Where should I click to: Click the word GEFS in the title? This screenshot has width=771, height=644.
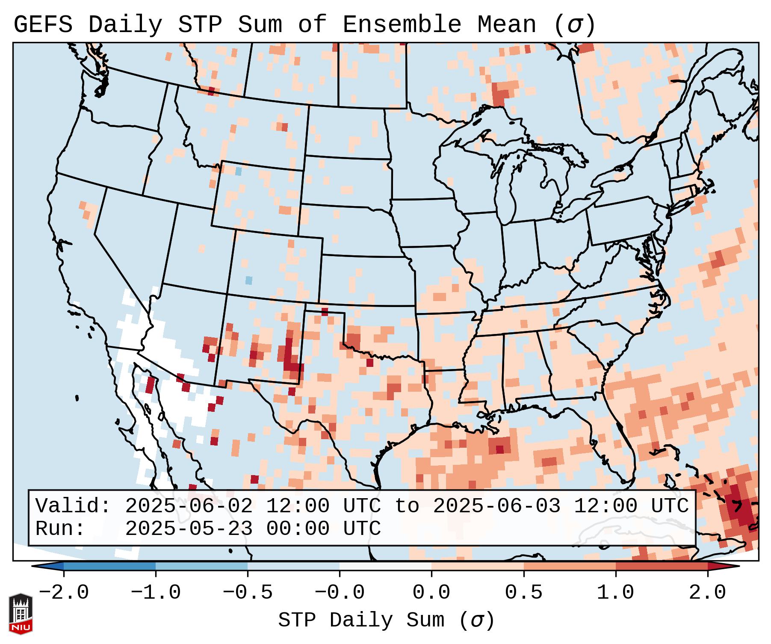click(x=43, y=25)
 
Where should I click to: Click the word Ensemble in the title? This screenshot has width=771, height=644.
click(x=402, y=25)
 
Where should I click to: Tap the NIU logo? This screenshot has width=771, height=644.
click(x=21, y=614)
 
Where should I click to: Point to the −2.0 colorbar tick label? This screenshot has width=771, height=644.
click(x=64, y=593)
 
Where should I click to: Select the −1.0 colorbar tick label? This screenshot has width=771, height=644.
click(x=156, y=593)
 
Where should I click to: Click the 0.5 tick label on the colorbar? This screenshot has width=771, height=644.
click(x=524, y=593)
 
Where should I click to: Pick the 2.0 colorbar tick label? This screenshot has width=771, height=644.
click(x=708, y=593)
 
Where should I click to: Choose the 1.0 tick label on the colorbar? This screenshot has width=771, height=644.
click(x=616, y=593)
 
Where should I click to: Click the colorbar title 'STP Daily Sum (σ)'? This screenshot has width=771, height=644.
click(x=386, y=620)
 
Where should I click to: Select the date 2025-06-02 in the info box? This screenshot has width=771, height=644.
click(x=189, y=506)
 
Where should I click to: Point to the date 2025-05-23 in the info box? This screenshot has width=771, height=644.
click(x=189, y=529)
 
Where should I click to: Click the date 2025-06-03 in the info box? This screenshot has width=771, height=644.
click(x=496, y=506)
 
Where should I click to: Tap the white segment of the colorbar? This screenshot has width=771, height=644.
click(x=385, y=566)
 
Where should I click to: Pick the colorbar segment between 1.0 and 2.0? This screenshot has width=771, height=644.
click(x=662, y=566)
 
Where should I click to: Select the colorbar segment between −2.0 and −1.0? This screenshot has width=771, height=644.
click(x=109, y=566)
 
